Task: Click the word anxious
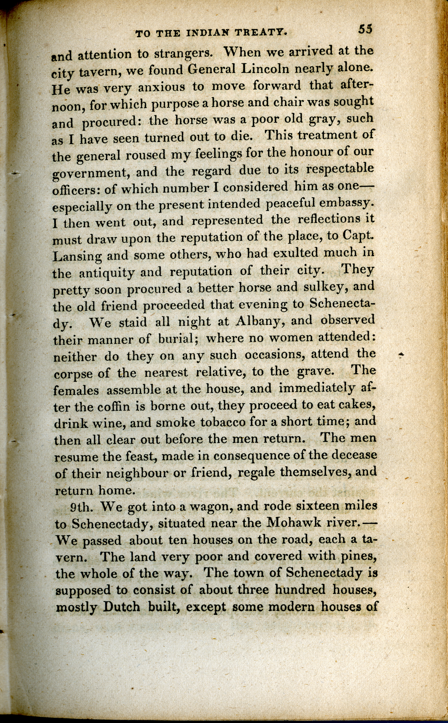click(x=161, y=87)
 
